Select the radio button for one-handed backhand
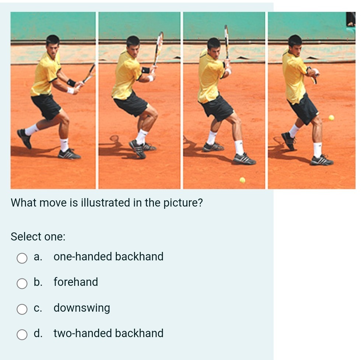(x=22, y=258)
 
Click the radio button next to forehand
(x=22, y=283)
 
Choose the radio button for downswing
(x=22, y=309)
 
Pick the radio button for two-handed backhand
(x=22, y=335)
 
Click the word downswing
(x=82, y=308)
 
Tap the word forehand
(x=76, y=282)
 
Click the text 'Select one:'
(x=38, y=236)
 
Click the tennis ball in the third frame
(x=242, y=180)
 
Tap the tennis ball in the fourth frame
(x=331, y=117)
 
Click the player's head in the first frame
(x=53, y=44)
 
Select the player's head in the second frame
(x=133, y=45)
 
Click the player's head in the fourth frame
(x=295, y=44)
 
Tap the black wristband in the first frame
(x=71, y=83)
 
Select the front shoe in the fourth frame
(x=321, y=160)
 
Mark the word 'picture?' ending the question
(x=186, y=203)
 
